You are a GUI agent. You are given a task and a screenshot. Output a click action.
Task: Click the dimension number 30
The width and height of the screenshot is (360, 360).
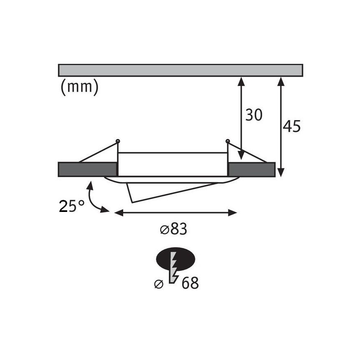(254, 115)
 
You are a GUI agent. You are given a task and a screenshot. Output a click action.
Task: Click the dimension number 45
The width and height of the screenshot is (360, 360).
(291, 126)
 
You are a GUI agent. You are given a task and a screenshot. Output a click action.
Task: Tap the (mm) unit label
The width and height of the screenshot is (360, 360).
(80, 87)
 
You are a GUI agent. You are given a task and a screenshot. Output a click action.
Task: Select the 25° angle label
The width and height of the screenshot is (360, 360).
(71, 206)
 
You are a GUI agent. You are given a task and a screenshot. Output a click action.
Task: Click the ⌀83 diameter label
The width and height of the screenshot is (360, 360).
(173, 229)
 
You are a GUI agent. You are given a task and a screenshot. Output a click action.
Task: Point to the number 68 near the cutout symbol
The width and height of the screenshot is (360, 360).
(190, 283)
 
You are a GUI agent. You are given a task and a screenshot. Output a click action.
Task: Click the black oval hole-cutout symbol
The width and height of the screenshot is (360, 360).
(175, 259)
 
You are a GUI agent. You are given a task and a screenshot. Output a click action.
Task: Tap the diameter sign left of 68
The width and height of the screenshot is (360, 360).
(159, 284)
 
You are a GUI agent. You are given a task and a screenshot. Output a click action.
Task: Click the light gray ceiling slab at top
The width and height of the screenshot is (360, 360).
(180, 70)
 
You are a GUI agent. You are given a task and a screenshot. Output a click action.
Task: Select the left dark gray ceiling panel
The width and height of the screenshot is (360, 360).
(88, 170)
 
